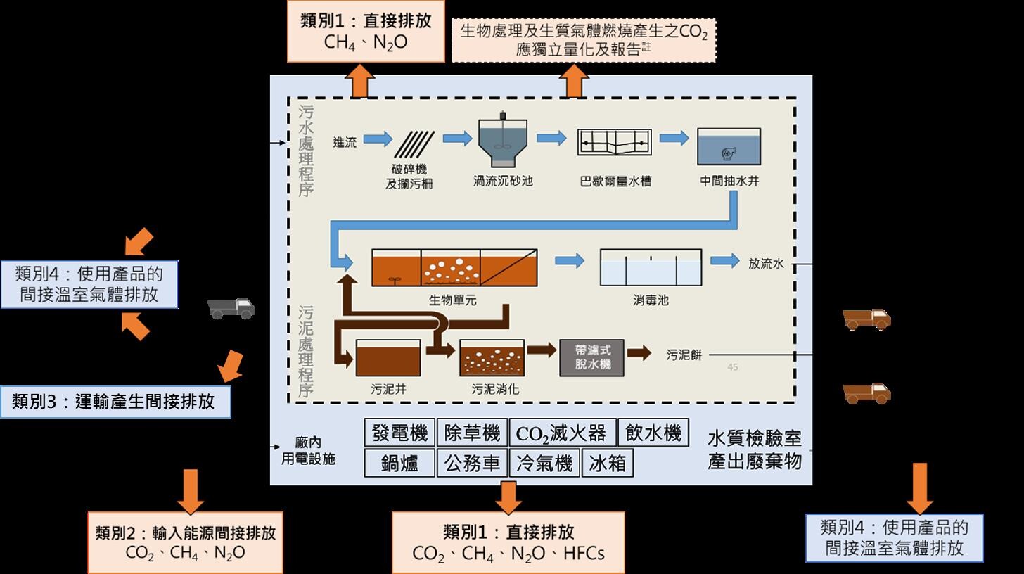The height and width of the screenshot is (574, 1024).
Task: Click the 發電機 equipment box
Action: (399, 433)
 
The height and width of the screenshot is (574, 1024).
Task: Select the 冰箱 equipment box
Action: (607, 464)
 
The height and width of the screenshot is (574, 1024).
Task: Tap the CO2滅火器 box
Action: (561, 433)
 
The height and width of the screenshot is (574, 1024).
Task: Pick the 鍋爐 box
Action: (399, 464)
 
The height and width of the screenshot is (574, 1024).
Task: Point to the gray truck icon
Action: (231, 307)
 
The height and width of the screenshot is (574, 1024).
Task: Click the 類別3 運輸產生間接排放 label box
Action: (115, 402)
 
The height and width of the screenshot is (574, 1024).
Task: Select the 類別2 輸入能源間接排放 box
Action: (185, 542)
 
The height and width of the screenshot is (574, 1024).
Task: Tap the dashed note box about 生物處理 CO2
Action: (583, 40)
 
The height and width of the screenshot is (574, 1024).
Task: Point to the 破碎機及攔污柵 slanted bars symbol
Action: (414, 145)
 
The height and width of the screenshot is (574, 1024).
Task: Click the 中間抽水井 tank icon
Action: (729, 146)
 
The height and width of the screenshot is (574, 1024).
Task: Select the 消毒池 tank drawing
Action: (650, 267)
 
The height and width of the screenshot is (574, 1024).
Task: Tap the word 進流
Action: (345, 142)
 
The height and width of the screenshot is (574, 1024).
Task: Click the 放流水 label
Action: (766, 263)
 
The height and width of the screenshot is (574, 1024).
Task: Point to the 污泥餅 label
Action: (684, 355)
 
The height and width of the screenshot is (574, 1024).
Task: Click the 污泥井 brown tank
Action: (388, 358)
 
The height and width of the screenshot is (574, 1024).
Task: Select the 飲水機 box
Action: (653, 433)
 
